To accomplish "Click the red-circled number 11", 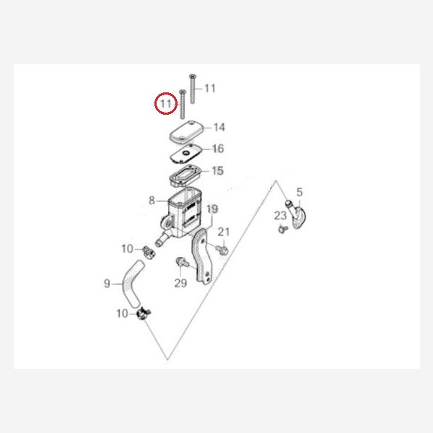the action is coord(166,103).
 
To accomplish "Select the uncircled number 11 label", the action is coord(210,88).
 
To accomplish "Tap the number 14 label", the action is coord(219,127).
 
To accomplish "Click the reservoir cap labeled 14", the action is coord(186,132).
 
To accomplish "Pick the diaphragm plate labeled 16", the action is coord(186,153).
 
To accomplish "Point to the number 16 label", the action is coord(218,149).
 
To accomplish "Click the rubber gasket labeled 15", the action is coord(185,175).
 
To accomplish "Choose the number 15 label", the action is coord(218,170).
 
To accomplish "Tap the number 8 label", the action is coord(152,201).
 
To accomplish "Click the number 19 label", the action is coord(212,209).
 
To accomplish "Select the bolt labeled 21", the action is coord(222,250).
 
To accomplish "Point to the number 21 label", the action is coord(224,232).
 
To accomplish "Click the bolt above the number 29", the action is coord(182,262).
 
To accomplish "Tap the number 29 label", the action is coord(180,283).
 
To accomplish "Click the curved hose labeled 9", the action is coord(133,284).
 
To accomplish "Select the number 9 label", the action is coord(107,284).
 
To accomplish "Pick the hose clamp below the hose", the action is coord(144,313).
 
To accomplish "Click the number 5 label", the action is coord(299,192).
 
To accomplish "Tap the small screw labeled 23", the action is coord(283,229).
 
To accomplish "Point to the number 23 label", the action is coord(280,216).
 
